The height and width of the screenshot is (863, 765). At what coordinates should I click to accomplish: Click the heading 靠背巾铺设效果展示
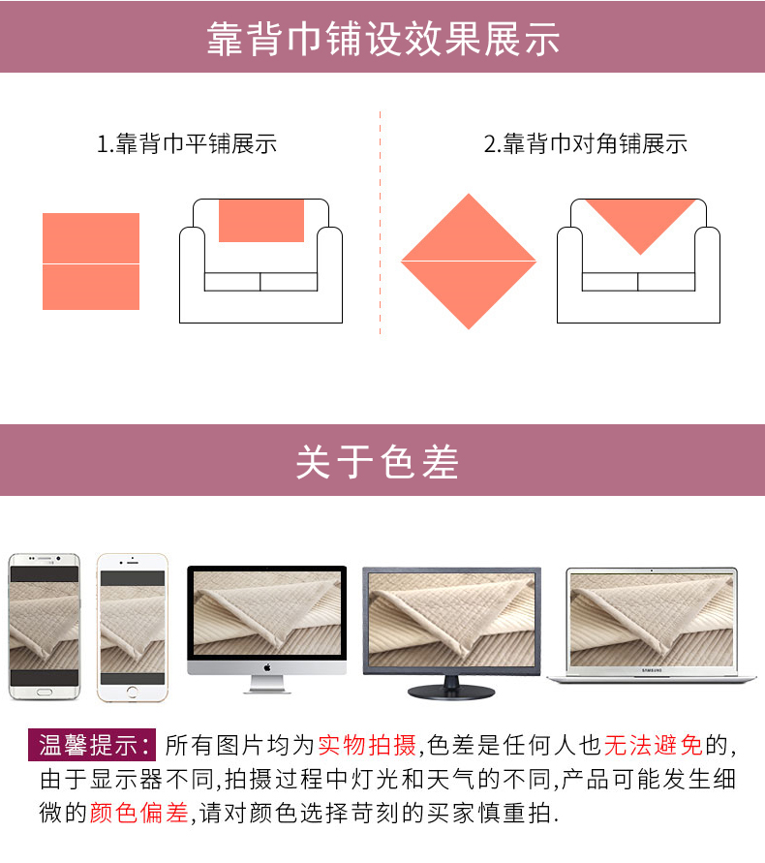click(383, 39)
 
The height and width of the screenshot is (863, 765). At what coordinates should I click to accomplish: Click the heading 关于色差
click(378, 461)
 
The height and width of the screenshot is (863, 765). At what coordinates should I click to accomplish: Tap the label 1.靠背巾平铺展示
click(187, 143)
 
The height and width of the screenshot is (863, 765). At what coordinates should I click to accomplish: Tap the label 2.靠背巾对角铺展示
click(586, 143)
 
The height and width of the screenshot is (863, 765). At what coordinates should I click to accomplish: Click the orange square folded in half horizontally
click(91, 262)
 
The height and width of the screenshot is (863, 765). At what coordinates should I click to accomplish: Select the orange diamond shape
click(469, 262)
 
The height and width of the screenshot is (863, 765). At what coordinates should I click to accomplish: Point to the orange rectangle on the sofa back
click(261, 221)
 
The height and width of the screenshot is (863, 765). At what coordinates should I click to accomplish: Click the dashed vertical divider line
click(380, 223)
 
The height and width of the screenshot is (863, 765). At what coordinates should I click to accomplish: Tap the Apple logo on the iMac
click(267, 667)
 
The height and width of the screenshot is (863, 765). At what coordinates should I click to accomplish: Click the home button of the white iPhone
click(132, 692)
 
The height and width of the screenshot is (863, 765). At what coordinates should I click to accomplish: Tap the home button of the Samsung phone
click(44, 692)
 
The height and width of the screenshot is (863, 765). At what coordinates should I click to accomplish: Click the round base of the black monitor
click(450, 692)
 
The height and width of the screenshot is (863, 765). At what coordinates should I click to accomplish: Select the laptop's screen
click(652, 620)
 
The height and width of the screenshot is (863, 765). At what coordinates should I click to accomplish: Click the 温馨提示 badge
click(92, 745)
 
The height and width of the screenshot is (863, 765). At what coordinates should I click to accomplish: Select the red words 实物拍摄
click(367, 745)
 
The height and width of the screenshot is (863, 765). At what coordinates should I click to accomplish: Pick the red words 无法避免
click(654, 745)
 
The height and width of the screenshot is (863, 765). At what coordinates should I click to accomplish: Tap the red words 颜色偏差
click(139, 813)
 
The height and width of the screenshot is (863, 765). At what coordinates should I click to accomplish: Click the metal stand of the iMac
click(267, 684)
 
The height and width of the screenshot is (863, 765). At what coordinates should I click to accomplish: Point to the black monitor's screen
click(451, 620)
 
